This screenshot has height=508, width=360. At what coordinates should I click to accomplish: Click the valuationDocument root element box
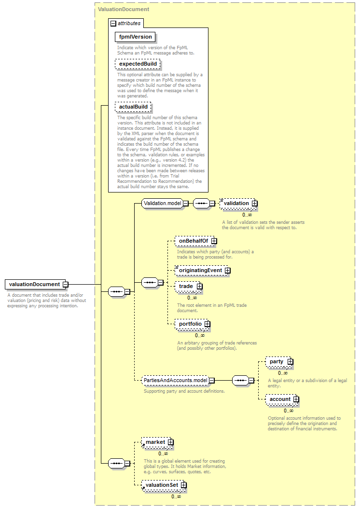click(x=35, y=285)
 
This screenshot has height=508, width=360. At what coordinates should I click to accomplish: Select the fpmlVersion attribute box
click(x=135, y=37)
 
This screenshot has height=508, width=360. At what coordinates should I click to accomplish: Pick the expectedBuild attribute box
click(x=138, y=64)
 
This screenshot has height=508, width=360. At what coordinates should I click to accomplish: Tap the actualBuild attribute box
click(x=133, y=107)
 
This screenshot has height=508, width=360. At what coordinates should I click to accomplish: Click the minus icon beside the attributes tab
click(x=113, y=23)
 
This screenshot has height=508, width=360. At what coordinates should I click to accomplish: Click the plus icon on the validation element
click(x=255, y=204)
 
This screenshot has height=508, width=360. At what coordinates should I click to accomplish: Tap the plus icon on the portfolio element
click(x=208, y=324)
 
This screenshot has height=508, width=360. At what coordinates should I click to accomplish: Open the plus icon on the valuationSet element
click(x=184, y=485)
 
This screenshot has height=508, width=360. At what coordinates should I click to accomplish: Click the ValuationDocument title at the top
click(x=124, y=9)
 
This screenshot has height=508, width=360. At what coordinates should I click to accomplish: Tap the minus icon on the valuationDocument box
click(x=66, y=285)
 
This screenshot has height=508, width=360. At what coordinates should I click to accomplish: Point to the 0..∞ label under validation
click(x=247, y=215)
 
